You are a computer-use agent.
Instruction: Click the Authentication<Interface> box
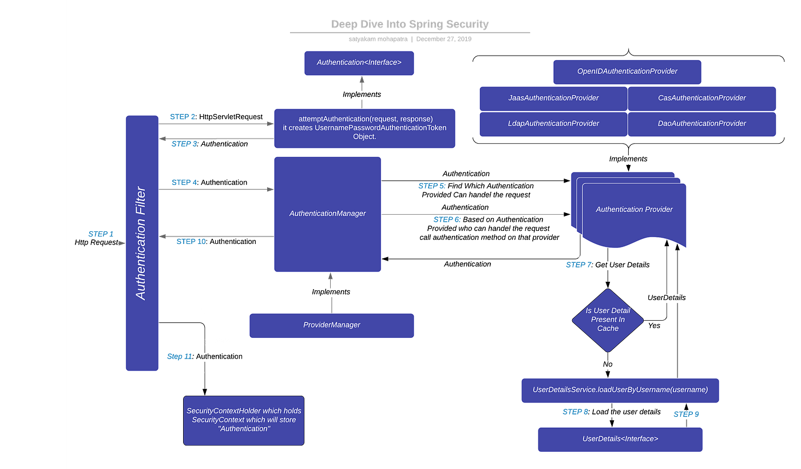(x=359, y=63)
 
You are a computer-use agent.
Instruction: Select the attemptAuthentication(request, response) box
(x=364, y=128)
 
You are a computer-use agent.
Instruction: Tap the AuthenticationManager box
(x=327, y=214)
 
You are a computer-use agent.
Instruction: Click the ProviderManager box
(x=331, y=325)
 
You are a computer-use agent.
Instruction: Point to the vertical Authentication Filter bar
(x=141, y=243)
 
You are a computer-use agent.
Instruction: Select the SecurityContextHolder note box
(x=244, y=420)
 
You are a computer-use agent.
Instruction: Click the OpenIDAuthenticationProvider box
(x=627, y=72)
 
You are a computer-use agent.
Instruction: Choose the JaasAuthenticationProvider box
(x=553, y=98)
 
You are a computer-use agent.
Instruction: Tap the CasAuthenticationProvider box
(x=702, y=98)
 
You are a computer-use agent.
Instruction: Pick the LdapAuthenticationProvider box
(x=553, y=124)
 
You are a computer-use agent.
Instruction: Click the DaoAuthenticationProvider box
(x=702, y=124)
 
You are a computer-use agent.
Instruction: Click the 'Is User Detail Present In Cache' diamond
(x=608, y=320)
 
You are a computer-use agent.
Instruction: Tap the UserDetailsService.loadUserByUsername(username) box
(x=620, y=390)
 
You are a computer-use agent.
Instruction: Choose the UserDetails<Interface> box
(x=620, y=439)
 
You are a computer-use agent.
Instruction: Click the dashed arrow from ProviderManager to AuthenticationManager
(x=330, y=292)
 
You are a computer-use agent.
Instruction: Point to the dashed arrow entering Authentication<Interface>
(x=362, y=92)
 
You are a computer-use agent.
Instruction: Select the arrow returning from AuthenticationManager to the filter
(x=216, y=237)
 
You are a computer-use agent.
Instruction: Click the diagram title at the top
(x=410, y=24)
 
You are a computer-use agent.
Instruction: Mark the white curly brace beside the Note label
(x=202, y=342)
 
